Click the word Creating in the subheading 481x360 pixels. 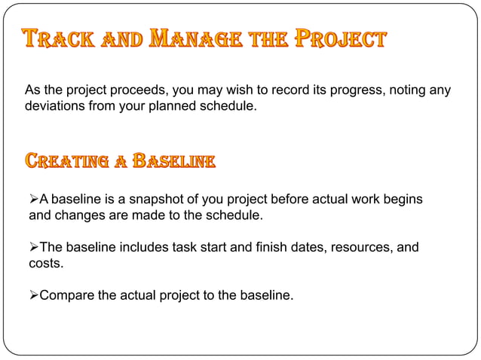click(x=66, y=161)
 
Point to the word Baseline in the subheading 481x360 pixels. click(x=173, y=161)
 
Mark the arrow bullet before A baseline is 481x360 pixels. click(x=33, y=199)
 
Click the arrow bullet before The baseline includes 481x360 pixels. click(x=33, y=247)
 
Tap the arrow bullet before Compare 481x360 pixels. click(x=33, y=295)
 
